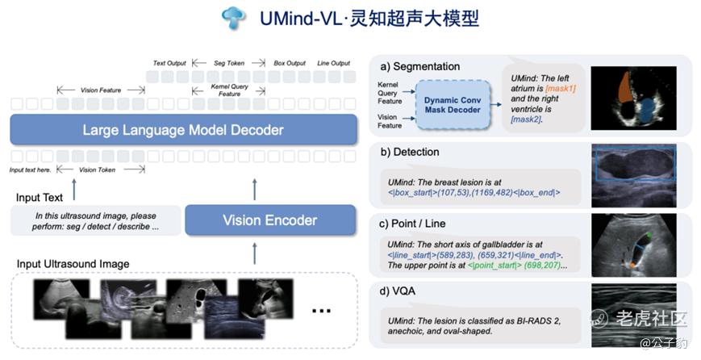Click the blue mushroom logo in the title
(233, 18)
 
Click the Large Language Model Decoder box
(183, 130)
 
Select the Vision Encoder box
(269, 220)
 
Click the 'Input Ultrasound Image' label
(73, 264)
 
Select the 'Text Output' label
(169, 63)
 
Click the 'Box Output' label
(290, 63)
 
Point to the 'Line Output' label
(334, 63)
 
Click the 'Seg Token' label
(230, 63)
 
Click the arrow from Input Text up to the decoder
(74, 189)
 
